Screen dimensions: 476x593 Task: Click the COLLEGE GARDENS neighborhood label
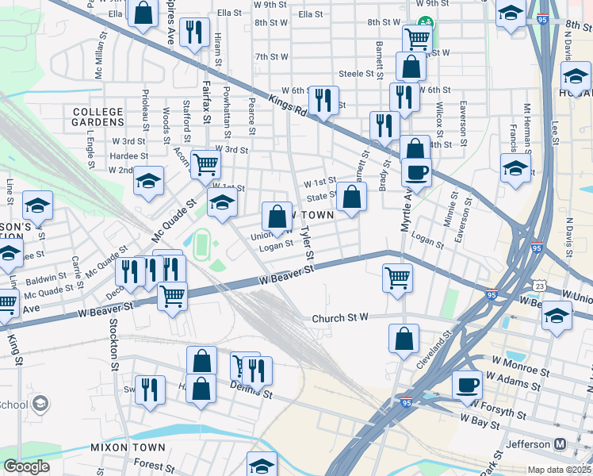click(x=98, y=117)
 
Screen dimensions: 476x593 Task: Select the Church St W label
click(x=340, y=318)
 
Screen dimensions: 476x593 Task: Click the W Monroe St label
click(x=520, y=370)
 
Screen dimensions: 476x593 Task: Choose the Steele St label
click(x=356, y=74)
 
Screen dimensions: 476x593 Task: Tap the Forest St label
click(x=154, y=466)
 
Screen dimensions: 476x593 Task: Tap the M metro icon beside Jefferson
click(x=560, y=443)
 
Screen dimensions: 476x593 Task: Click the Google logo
click(x=26, y=466)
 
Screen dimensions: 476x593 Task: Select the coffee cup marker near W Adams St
click(x=467, y=386)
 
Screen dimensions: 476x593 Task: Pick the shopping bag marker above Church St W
click(x=404, y=338)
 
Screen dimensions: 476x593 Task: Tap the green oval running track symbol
click(x=201, y=240)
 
